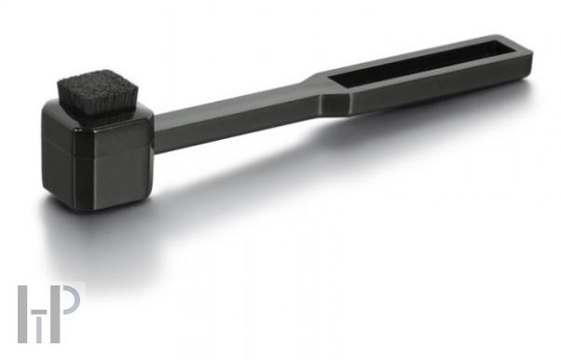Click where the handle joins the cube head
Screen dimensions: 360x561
[x=157, y=134]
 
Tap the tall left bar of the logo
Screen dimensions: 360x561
[x=23, y=314]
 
